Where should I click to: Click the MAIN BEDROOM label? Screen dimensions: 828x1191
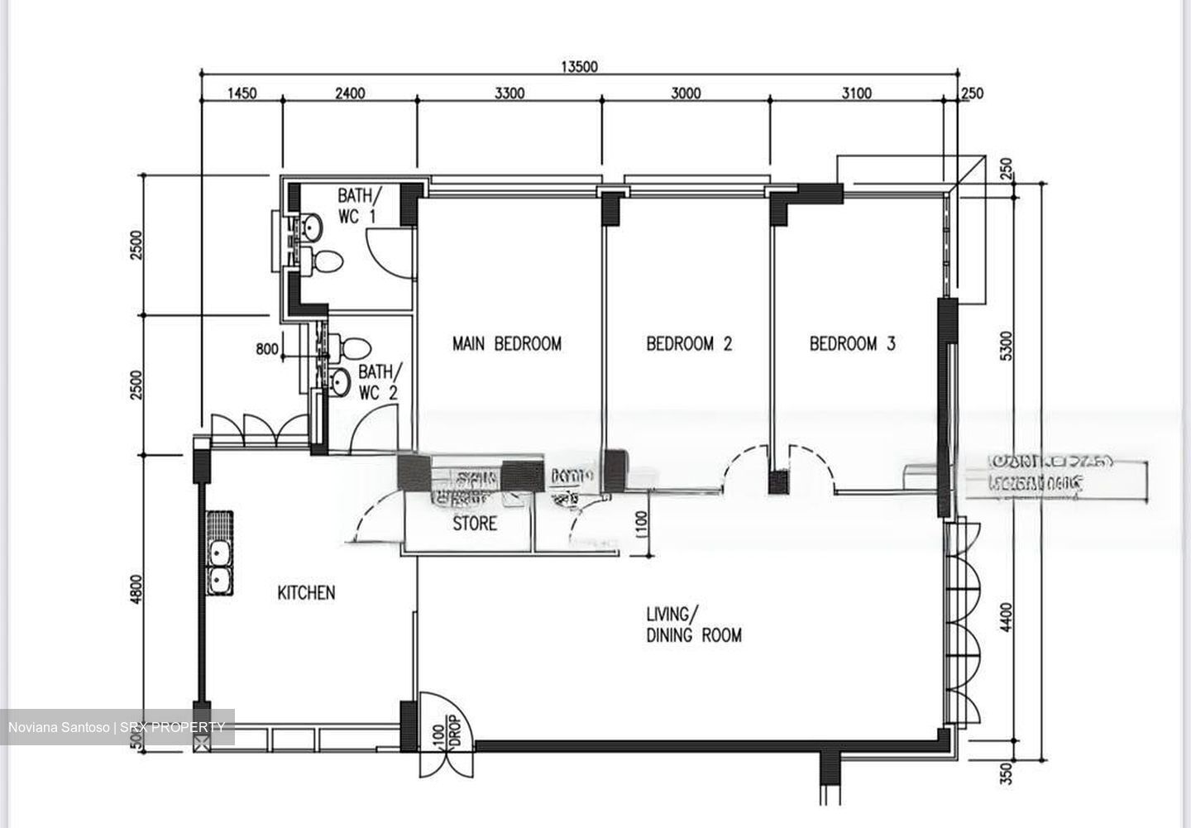click(506, 343)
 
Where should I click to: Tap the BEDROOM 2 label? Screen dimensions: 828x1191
click(689, 343)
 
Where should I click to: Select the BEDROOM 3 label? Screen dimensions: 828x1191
click(852, 343)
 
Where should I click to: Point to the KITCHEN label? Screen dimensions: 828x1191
click(306, 593)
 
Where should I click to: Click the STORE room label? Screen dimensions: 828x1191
click(475, 524)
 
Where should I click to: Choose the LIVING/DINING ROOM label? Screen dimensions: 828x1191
click(693, 625)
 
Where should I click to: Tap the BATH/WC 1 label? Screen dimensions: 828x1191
click(360, 207)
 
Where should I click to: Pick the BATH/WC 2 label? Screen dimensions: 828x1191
click(380, 382)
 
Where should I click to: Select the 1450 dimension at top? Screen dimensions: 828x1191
click(242, 93)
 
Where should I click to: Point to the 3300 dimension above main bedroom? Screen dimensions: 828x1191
click(509, 93)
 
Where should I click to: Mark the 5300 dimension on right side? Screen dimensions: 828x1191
click(1006, 346)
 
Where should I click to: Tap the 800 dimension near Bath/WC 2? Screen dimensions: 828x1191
click(267, 350)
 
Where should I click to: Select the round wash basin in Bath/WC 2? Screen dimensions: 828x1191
click(340, 381)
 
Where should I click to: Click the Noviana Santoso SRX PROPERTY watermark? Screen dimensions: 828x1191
click(117, 728)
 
